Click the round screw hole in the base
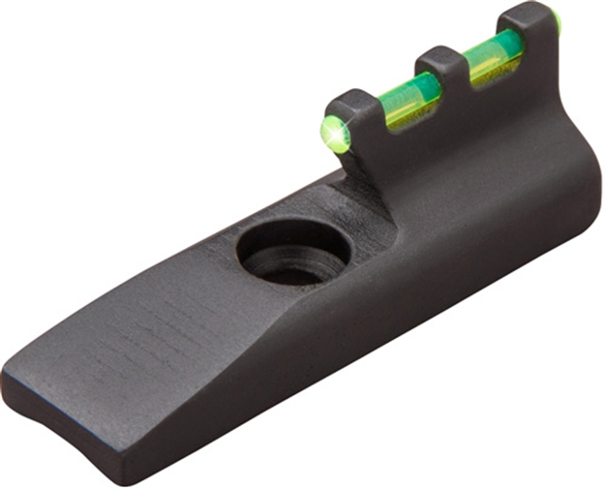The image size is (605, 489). (x=294, y=253)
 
